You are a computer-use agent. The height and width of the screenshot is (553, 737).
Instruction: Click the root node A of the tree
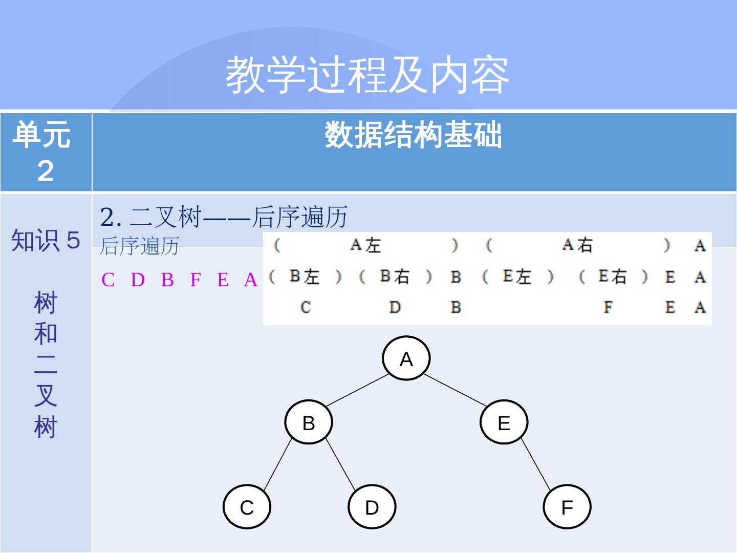406,358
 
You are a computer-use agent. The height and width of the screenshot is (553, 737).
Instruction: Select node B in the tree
309,422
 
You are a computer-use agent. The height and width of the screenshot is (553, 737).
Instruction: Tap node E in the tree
504,422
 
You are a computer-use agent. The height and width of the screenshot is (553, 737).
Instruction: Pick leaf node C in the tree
247,507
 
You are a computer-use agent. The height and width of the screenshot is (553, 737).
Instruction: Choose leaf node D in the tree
372,507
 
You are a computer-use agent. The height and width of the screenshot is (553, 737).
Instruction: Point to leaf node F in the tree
567,507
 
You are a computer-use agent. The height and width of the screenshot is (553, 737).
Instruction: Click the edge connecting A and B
357,390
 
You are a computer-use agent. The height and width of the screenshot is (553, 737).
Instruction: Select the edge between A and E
455,390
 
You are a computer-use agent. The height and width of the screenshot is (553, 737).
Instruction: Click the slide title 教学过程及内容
367,75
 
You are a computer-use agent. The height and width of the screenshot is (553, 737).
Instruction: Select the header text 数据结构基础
414,135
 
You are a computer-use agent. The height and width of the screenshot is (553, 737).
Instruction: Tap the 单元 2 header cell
45,152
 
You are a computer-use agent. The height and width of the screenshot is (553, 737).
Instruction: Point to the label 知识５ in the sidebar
46,240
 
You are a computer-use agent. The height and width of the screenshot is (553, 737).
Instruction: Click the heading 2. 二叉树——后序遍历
224,217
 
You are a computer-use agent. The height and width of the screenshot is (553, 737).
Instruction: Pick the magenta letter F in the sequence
195,280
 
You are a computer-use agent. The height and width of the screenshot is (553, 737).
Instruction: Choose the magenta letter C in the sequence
108,280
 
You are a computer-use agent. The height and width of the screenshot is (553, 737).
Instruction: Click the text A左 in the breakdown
365,245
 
